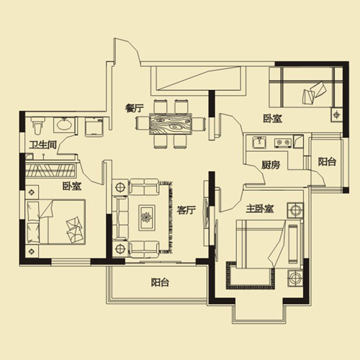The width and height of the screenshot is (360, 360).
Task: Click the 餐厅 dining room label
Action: point(134,108)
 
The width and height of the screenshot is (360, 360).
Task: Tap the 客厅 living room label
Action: point(186,210)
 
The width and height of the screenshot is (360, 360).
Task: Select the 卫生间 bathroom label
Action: point(43,145)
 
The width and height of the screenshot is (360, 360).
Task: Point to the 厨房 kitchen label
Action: point(271,165)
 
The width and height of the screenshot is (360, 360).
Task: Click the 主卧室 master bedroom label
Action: point(260,209)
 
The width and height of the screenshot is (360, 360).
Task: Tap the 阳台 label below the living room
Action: point(160,282)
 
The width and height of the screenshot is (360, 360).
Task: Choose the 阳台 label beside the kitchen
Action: point(327,162)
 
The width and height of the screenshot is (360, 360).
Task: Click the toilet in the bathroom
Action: point(37,125)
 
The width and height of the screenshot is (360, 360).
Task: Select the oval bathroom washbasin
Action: point(63,125)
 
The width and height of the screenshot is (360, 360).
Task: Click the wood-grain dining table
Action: point(171,124)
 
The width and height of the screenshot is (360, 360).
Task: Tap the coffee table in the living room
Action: point(147,217)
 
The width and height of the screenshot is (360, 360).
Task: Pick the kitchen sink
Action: point(259,143)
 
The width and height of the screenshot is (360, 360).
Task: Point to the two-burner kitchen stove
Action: point(283,143)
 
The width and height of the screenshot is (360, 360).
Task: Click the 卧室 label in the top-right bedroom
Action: point(272,119)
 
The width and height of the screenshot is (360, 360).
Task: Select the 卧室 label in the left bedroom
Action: point(72,186)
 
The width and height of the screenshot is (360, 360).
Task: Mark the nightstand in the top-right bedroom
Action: point(336,115)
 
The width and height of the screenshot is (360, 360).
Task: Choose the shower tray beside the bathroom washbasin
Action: point(94,127)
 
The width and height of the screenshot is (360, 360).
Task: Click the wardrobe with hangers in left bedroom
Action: point(50,170)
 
